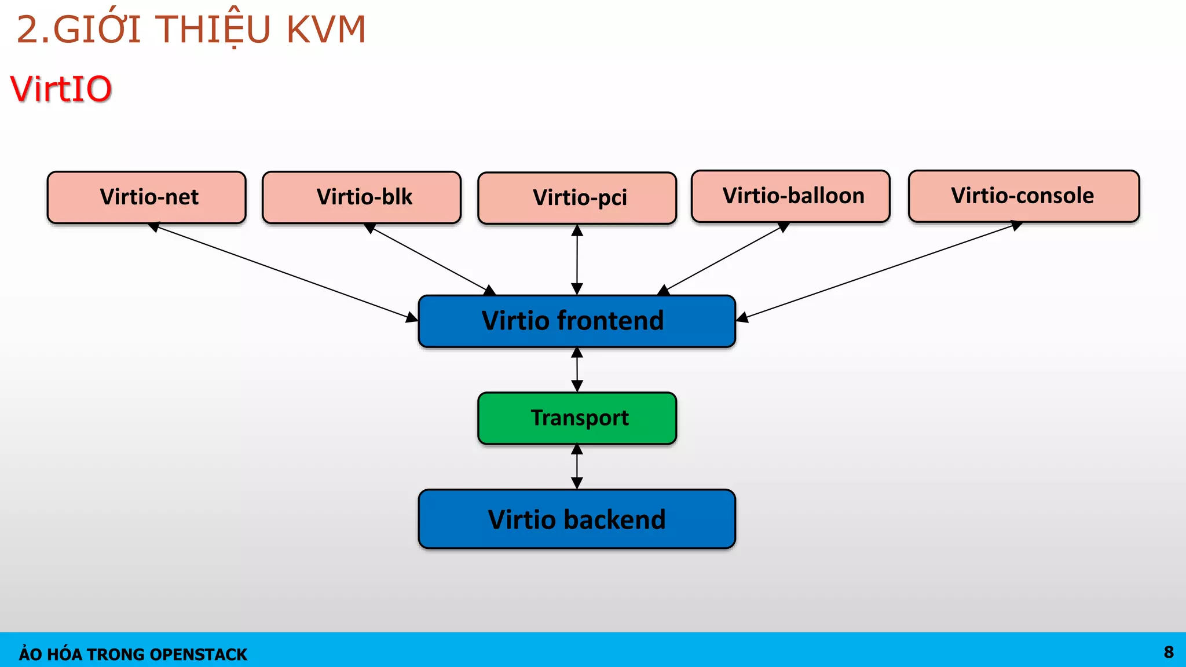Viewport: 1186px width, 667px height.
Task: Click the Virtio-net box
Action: click(147, 197)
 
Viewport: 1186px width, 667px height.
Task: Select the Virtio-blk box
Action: click(361, 197)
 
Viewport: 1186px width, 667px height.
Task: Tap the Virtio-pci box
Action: click(577, 198)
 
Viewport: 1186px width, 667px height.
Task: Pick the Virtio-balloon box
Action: click(790, 196)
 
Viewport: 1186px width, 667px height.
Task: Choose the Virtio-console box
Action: click(1023, 196)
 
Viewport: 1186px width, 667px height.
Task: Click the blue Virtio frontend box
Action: click(577, 321)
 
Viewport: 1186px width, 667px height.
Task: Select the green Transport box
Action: click(577, 418)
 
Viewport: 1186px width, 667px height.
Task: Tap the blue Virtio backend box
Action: click(577, 519)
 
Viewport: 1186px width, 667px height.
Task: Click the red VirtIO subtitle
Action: click(61, 89)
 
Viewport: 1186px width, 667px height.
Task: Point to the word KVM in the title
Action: click(326, 30)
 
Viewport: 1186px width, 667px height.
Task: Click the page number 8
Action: click(1169, 652)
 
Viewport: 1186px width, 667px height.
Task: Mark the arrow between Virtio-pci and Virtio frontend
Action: click(577, 259)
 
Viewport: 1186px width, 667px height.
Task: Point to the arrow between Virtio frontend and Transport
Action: click(577, 370)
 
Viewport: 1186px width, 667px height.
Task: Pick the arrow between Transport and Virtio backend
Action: click(577, 467)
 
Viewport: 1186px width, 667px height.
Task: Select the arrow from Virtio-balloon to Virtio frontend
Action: click(724, 258)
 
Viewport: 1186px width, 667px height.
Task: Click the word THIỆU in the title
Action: click(213, 30)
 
